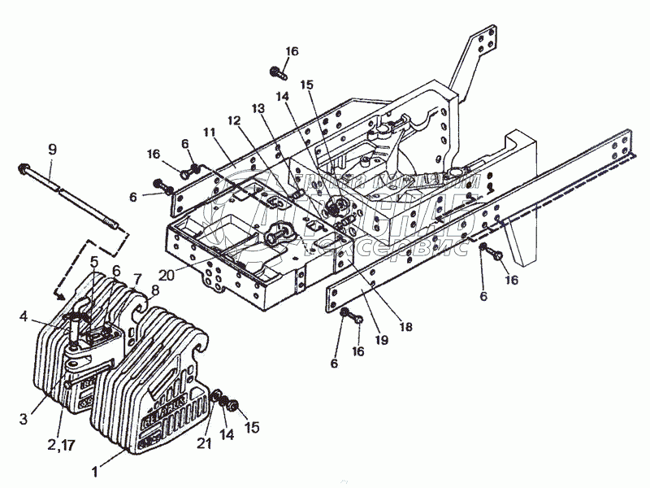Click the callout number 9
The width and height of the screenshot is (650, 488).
click(x=52, y=149)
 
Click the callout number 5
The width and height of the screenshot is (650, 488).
click(x=95, y=262)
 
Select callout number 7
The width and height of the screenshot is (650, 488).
click(x=136, y=279)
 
